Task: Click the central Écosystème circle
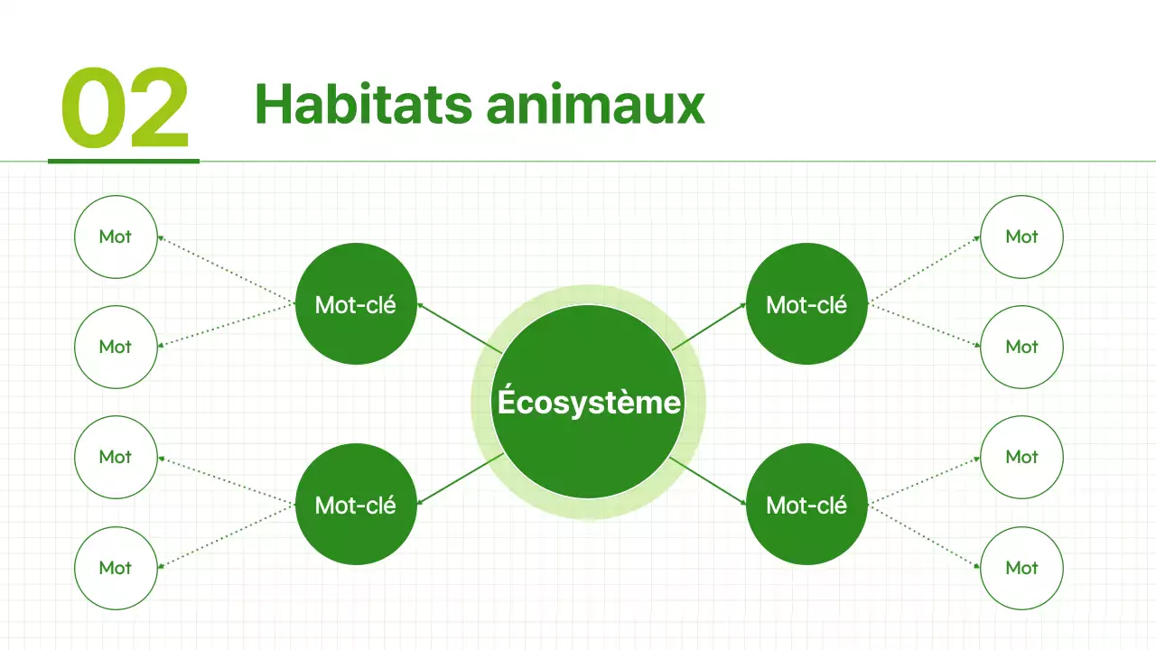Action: pyautogui.click(x=588, y=402)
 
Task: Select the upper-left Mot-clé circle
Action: pyautogui.click(x=356, y=304)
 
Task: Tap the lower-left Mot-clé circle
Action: pyautogui.click(x=356, y=505)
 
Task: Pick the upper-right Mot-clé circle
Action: pyautogui.click(x=806, y=304)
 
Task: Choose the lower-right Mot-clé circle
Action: pyautogui.click(x=806, y=505)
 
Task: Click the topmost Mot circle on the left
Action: pyautogui.click(x=116, y=237)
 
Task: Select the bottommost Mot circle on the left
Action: pyautogui.click(x=116, y=568)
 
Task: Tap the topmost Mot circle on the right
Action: pyautogui.click(x=1021, y=237)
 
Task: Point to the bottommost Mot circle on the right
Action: pyautogui.click(x=1021, y=568)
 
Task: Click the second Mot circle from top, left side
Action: pyautogui.click(x=116, y=347)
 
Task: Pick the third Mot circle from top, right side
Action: pyautogui.click(x=1021, y=457)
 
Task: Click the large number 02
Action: pyautogui.click(x=125, y=108)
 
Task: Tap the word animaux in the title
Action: pyautogui.click(x=595, y=104)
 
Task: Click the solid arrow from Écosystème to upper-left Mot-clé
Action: pyautogui.click(x=456, y=326)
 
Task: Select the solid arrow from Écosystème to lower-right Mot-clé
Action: pyautogui.click(x=709, y=481)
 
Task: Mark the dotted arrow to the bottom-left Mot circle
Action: pyautogui.click(x=226, y=537)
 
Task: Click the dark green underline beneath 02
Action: pyautogui.click(x=123, y=162)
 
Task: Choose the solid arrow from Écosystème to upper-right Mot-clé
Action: pyautogui.click(x=709, y=326)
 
